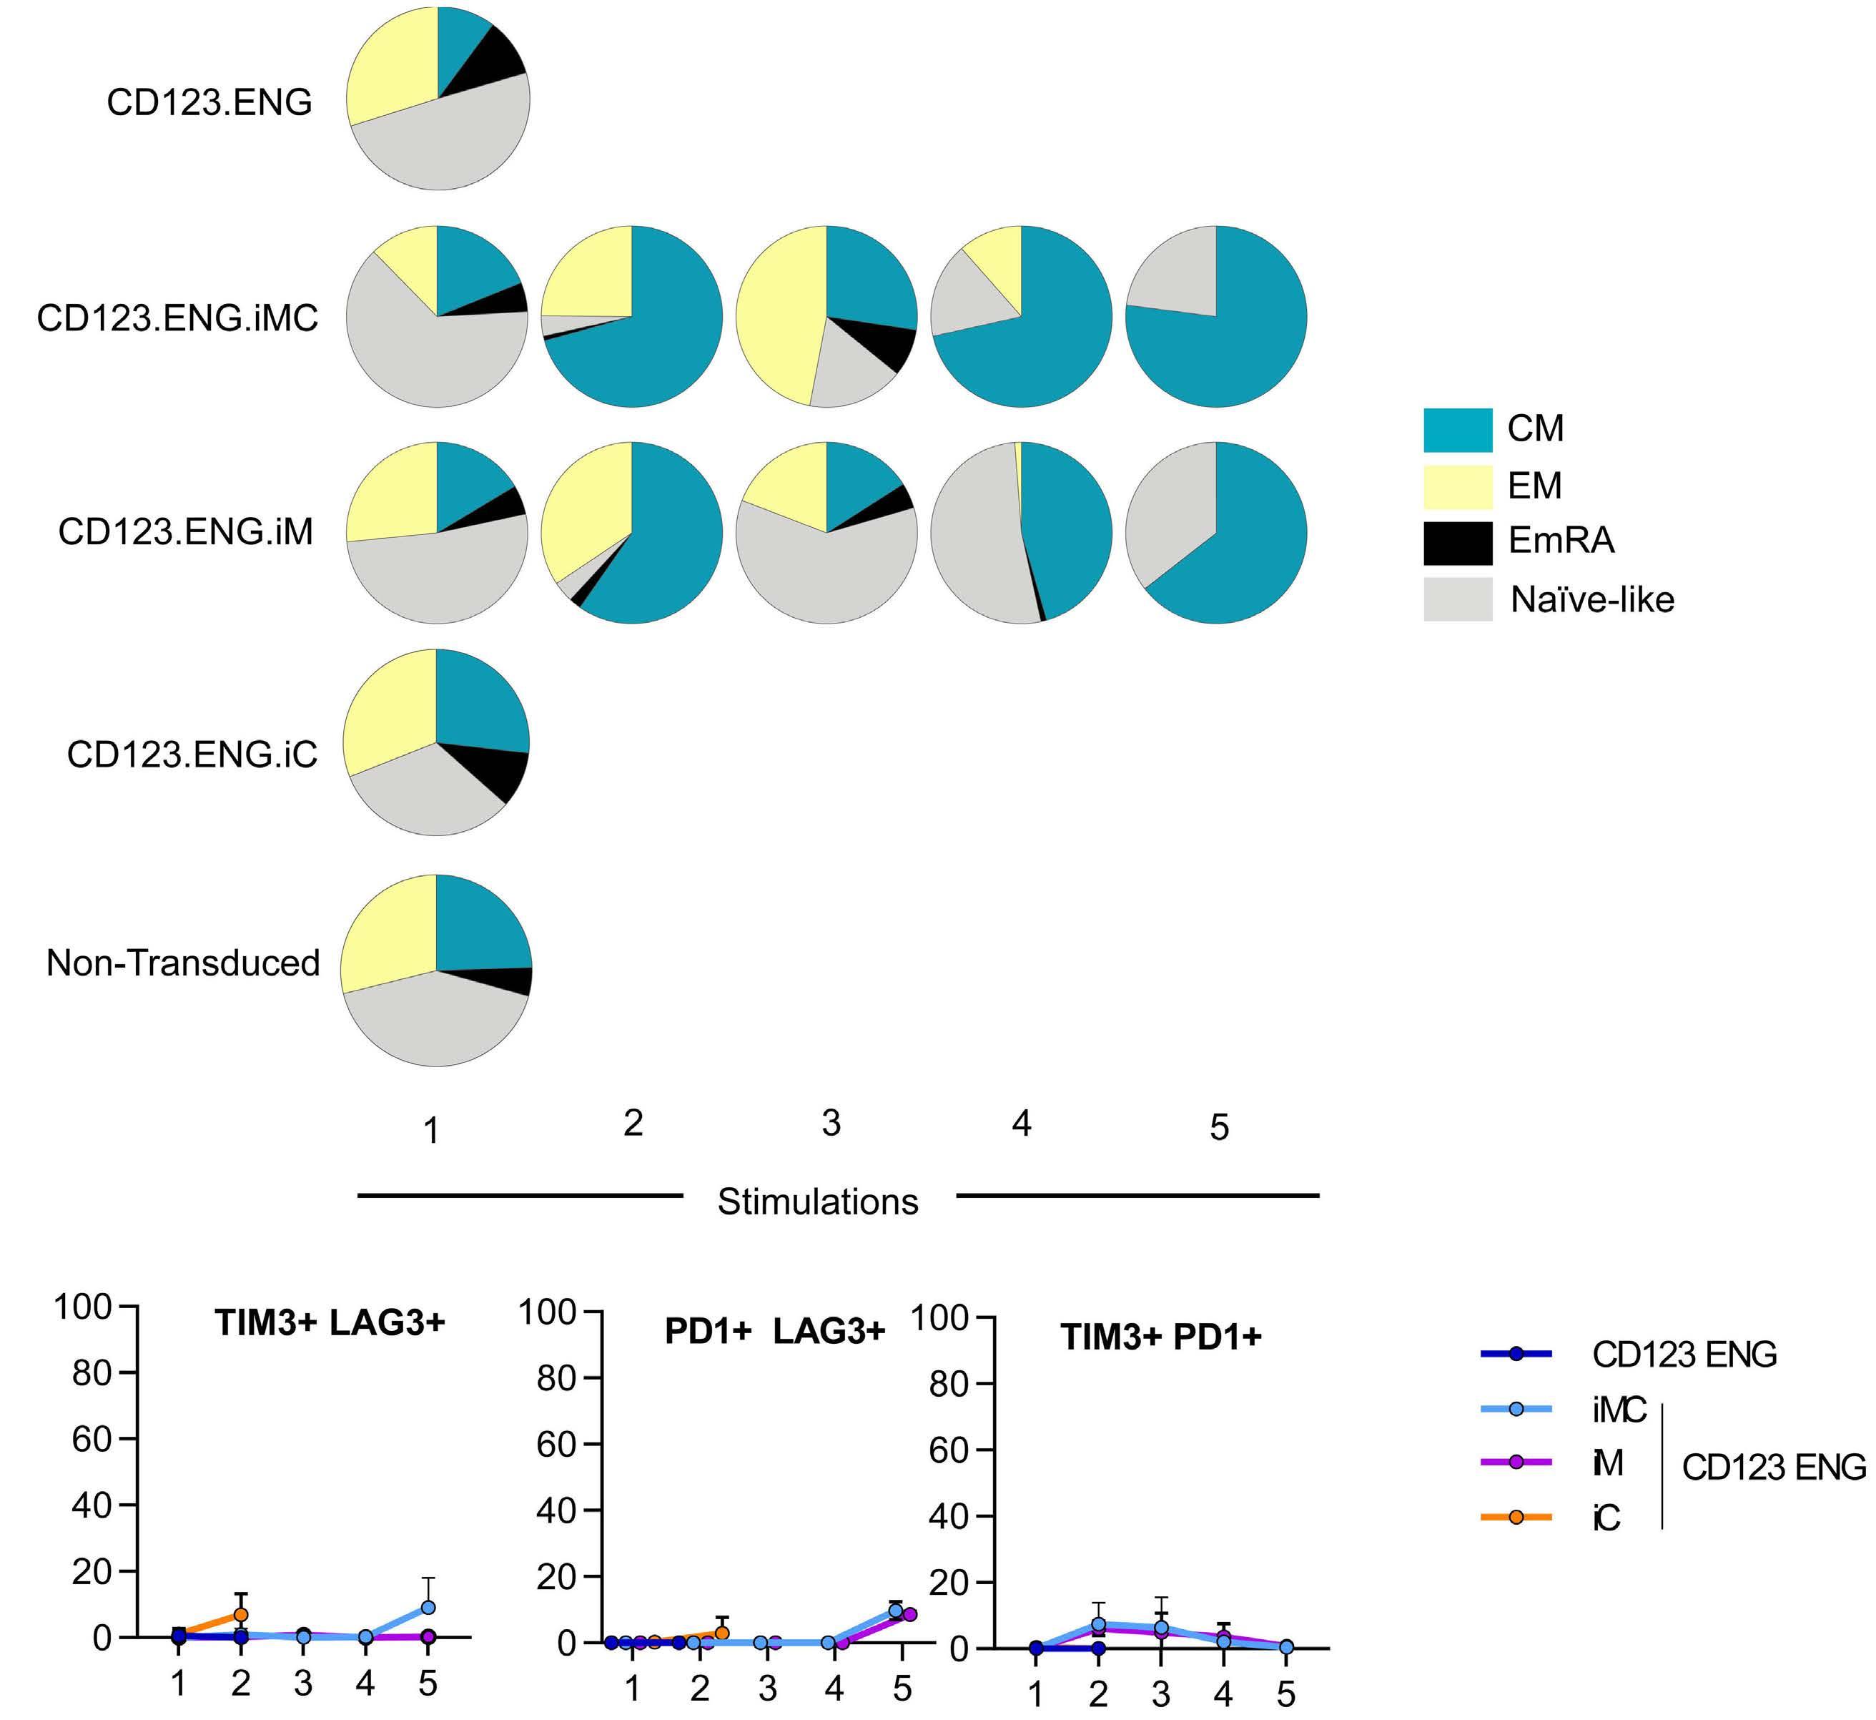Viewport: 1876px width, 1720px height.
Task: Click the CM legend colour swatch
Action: click(1457, 430)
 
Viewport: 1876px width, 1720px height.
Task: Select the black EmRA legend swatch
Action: click(1457, 543)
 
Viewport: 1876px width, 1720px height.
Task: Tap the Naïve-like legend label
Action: click(1591, 599)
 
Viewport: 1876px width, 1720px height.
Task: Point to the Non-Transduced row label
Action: click(182, 963)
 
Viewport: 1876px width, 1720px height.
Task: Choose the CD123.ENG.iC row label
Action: click(192, 753)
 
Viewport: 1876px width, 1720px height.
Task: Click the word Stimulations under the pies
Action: click(817, 1201)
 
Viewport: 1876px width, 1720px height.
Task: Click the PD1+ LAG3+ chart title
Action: click(774, 1332)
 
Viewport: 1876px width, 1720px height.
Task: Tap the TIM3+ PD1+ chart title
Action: click(1160, 1337)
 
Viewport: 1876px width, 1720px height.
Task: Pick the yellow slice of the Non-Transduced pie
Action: click(386, 930)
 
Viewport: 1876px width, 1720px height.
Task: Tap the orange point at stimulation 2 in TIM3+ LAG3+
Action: click(241, 1615)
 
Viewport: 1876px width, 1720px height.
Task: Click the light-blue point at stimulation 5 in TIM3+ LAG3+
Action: click(428, 1608)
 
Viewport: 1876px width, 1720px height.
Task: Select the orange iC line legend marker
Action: click(1516, 1517)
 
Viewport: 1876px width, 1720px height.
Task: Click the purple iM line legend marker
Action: click(1516, 1463)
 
